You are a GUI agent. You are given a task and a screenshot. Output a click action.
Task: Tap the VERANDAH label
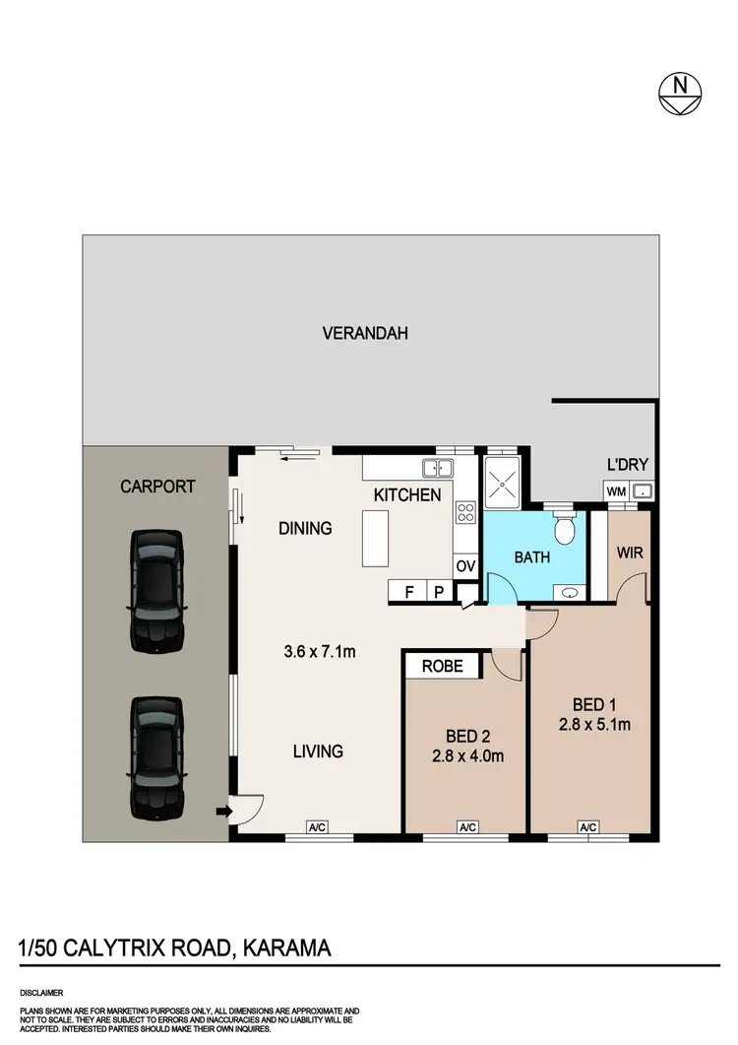tap(365, 333)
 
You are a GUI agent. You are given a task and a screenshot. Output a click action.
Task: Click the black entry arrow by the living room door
tap(223, 812)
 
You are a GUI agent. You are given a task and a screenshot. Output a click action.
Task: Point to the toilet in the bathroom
tap(564, 530)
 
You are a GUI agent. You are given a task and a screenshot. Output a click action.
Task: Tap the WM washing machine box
tap(616, 490)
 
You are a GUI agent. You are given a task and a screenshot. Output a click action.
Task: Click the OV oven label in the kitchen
tap(464, 566)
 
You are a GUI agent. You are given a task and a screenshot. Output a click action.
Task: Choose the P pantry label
tap(440, 592)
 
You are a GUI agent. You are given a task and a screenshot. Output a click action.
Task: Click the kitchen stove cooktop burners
tap(465, 512)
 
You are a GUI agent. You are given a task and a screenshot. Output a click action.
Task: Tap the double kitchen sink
tap(438, 468)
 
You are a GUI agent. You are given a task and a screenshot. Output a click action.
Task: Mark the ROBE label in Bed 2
tap(442, 665)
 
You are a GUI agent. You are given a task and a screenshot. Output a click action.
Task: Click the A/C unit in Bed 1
tap(588, 828)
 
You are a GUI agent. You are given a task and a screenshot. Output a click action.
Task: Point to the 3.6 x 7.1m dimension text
tap(320, 650)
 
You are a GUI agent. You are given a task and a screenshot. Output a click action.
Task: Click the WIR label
tap(630, 554)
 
